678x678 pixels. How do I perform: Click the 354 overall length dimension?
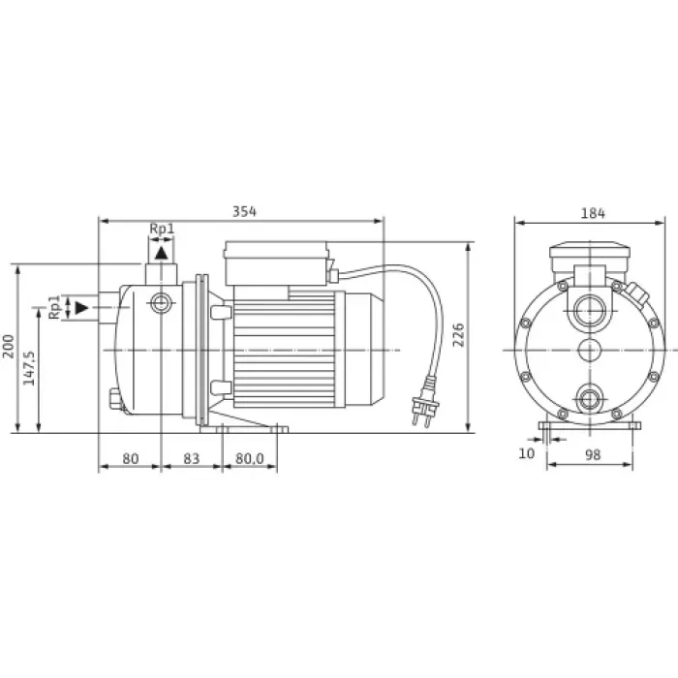[244, 212]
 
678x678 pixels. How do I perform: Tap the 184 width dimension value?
[593, 213]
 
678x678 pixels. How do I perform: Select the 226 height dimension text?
[458, 335]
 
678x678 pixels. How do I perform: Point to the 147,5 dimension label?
[29, 368]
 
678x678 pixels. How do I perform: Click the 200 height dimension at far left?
[8, 346]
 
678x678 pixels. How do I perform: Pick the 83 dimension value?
[192, 458]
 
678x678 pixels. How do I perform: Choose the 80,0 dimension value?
[250, 458]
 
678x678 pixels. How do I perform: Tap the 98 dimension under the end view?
[593, 455]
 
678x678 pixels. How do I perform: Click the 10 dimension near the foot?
[526, 453]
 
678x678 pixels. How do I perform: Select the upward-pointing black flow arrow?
[162, 253]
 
